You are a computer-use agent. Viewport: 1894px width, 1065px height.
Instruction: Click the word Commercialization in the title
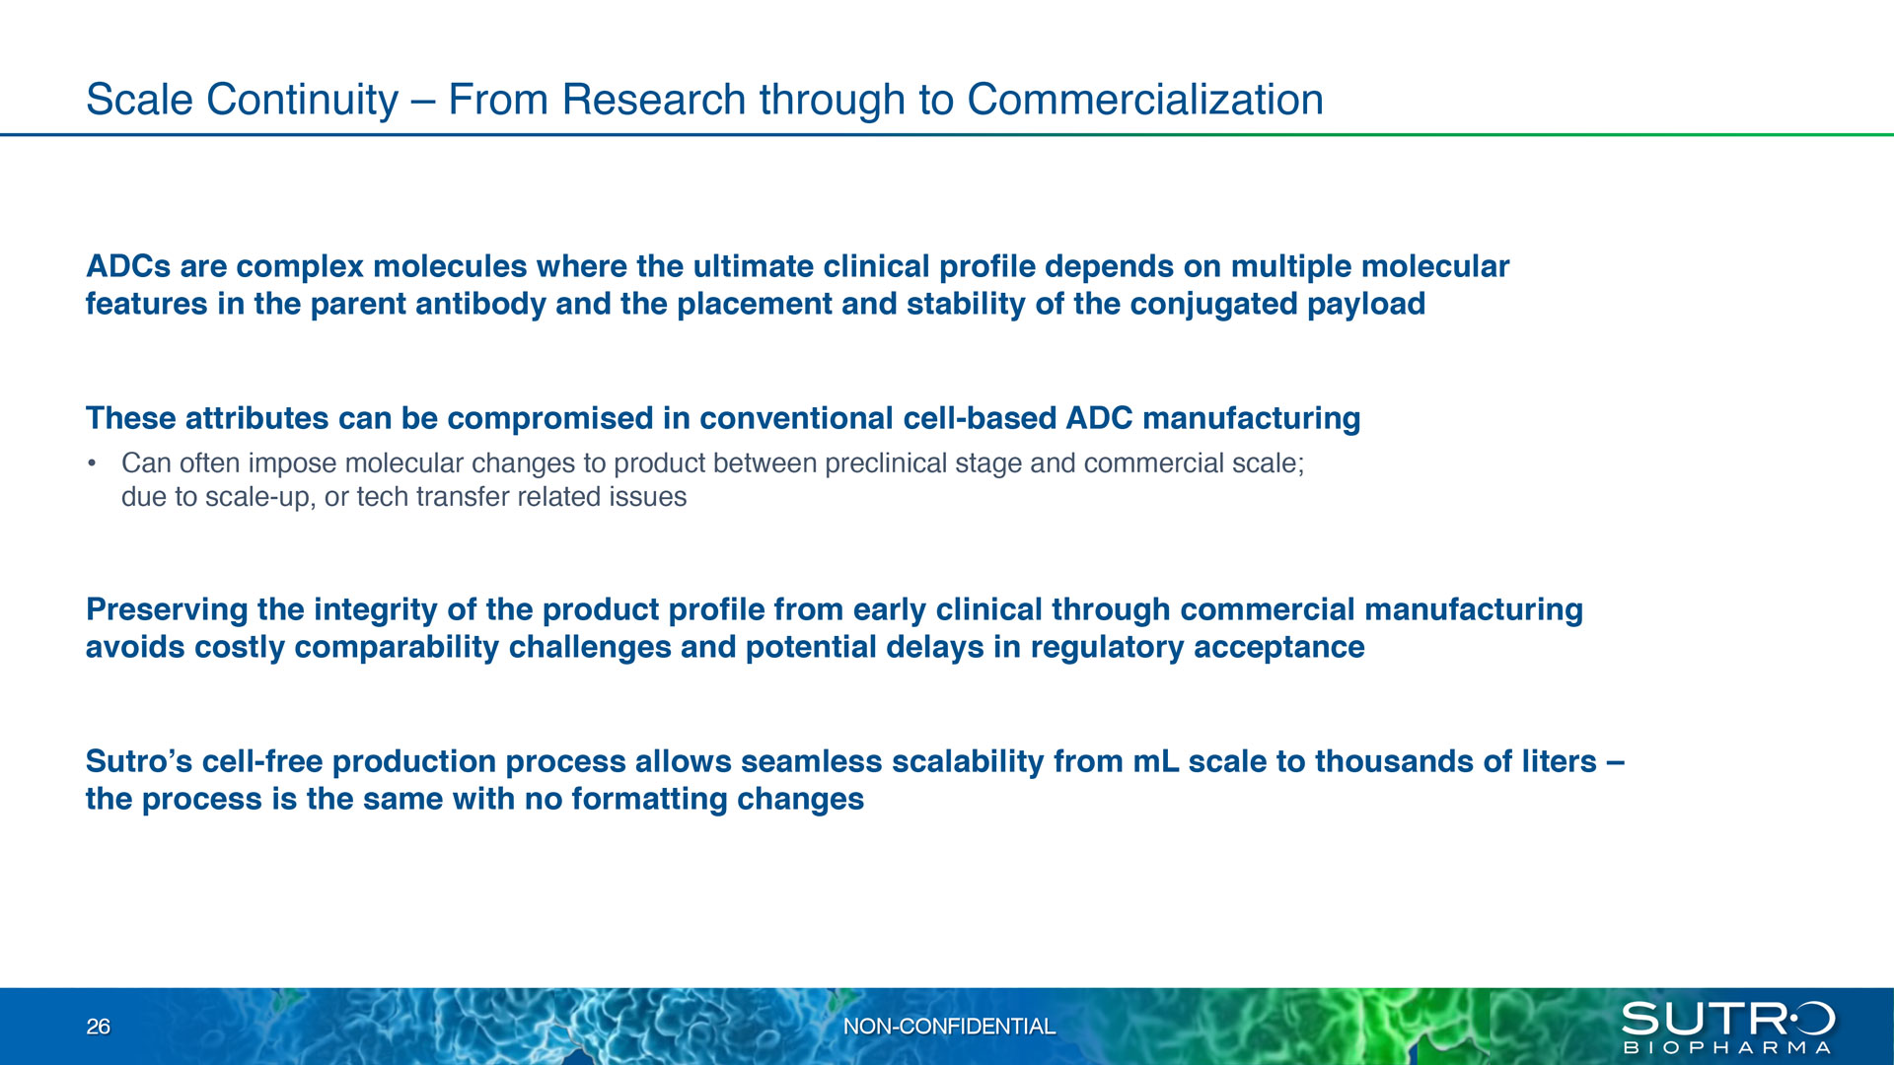1145,100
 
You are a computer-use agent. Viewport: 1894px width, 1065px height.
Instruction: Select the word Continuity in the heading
303,101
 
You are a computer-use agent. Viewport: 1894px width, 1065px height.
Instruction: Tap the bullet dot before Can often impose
92,463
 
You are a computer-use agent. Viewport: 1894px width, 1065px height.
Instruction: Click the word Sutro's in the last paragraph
139,761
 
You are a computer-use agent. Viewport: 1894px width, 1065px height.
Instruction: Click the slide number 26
99,1027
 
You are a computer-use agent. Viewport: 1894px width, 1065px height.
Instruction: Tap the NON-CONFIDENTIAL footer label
949,1027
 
